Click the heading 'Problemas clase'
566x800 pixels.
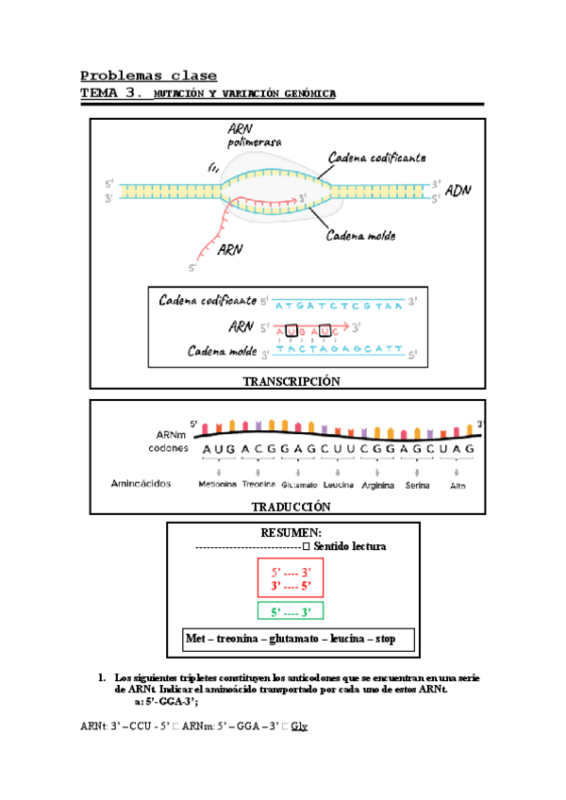(x=148, y=75)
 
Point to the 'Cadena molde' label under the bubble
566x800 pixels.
(x=360, y=236)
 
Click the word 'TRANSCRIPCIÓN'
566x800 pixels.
(x=291, y=380)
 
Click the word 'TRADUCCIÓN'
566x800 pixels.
(x=291, y=507)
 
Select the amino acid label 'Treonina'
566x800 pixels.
(x=258, y=485)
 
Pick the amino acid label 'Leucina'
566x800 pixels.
(x=337, y=485)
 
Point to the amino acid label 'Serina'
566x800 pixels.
(x=416, y=485)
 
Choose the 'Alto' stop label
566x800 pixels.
(x=458, y=485)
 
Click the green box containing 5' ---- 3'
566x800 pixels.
(x=291, y=612)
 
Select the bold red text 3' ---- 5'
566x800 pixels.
(x=291, y=586)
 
